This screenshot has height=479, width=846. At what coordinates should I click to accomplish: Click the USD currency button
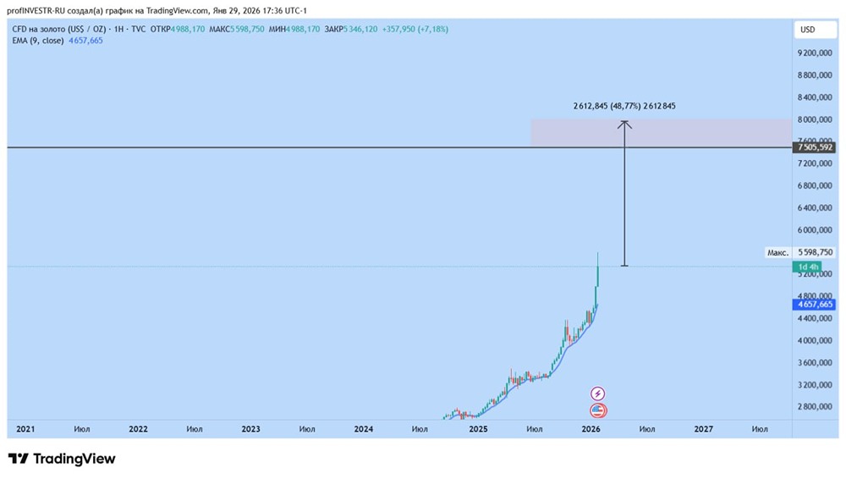tap(808, 30)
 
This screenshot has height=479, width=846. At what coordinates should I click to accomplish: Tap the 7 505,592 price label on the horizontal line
tap(815, 148)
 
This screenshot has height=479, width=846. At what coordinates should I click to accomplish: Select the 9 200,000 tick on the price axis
tap(815, 53)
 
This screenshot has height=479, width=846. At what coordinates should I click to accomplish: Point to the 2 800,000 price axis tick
tap(815, 407)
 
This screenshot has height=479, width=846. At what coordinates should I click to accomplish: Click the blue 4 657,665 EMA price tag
tap(815, 304)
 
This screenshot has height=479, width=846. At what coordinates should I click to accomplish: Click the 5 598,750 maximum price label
tap(815, 252)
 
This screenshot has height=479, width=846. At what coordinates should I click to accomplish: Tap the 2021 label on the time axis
tap(26, 429)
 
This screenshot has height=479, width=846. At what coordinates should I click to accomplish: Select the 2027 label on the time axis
tap(703, 429)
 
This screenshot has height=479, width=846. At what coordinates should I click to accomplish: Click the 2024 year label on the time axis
tap(364, 429)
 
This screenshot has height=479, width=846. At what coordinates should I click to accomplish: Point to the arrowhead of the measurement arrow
tap(624, 124)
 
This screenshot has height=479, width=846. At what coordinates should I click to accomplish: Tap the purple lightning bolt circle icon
tap(598, 394)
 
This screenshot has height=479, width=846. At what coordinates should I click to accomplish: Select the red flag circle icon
tap(598, 410)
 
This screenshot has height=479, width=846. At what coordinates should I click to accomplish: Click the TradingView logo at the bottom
tap(62, 459)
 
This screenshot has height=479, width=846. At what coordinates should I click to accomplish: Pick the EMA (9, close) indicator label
tap(38, 41)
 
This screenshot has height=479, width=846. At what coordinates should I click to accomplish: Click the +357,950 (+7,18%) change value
tap(415, 30)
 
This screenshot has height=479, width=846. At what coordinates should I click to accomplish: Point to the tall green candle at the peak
tap(597, 275)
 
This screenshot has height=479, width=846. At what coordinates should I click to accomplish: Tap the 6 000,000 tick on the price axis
tap(815, 230)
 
